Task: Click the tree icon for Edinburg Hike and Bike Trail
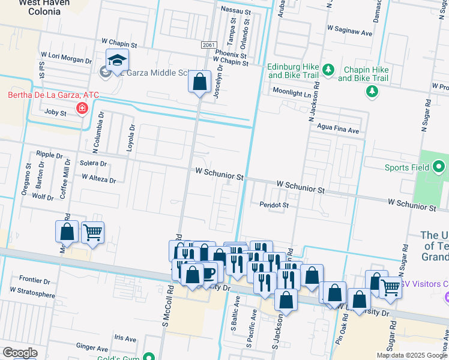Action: point(328,70)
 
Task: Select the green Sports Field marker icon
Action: point(439,167)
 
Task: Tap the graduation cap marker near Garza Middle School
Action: point(117,60)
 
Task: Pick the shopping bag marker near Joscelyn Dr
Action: point(199,81)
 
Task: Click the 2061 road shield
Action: point(208,46)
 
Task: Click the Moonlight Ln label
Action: point(292,93)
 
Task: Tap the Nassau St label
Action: point(235,11)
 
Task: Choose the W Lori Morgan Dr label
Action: point(65,61)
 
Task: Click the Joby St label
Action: point(54,112)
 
